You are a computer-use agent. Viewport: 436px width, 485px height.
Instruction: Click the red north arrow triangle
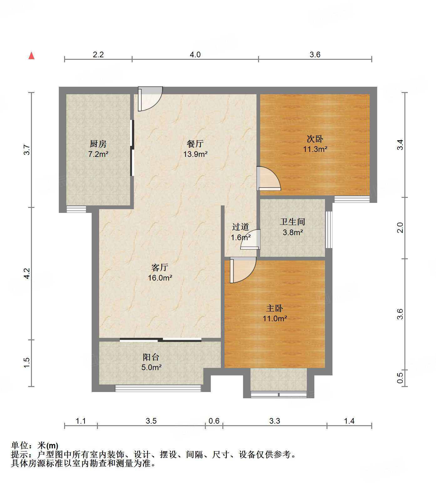coord(31,56)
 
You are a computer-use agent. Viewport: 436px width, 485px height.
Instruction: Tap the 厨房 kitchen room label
coord(98,144)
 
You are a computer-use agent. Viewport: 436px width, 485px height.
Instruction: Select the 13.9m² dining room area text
coord(195,154)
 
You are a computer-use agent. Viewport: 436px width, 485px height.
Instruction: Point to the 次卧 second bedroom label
coord(315,139)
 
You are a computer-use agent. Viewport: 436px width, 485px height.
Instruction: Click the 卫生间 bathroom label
coord(292,222)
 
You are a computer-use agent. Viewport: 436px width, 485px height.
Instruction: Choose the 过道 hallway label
coord(241,227)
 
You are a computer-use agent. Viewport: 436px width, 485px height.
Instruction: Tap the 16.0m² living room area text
coord(160,278)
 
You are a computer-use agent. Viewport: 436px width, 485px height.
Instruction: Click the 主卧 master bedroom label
coord(275,308)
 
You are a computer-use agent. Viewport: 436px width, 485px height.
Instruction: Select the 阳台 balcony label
coord(151,357)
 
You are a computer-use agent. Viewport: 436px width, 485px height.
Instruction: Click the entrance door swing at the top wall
coord(150,99)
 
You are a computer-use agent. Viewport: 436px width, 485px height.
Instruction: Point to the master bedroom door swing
coord(243,270)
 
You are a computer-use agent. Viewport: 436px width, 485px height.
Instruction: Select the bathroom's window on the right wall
coord(328,230)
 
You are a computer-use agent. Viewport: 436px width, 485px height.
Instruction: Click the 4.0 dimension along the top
coord(195,55)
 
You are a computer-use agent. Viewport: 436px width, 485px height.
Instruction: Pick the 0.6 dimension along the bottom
coord(214,421)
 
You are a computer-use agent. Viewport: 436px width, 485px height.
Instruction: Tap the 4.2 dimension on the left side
coord(27,273)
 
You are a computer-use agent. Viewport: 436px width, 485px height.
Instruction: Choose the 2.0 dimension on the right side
coord(400,228)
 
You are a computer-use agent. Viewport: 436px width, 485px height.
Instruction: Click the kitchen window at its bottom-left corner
coord(76,209)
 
